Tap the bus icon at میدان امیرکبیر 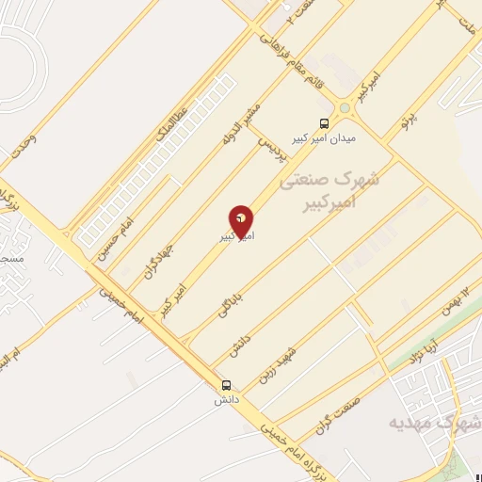pyautogui.click(x=325, y=123)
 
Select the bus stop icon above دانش pyautogui.click(x=226, y=385)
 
